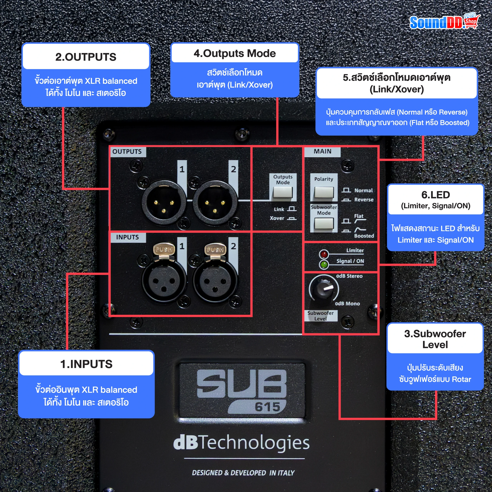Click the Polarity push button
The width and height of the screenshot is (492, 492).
click(x=324, y=192)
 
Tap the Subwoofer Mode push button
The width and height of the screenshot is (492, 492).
click(x=324, y=224)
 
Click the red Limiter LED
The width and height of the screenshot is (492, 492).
click(x=324, y=254)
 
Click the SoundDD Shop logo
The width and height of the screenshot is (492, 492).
click(x=444, y=22)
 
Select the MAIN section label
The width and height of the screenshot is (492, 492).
click(x=322, y=151)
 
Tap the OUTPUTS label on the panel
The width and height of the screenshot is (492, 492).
click(x=127, y=152)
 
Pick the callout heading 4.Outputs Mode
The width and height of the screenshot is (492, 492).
click(x=234, y=53)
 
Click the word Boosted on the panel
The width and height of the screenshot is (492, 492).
click(x=364, y=236)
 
